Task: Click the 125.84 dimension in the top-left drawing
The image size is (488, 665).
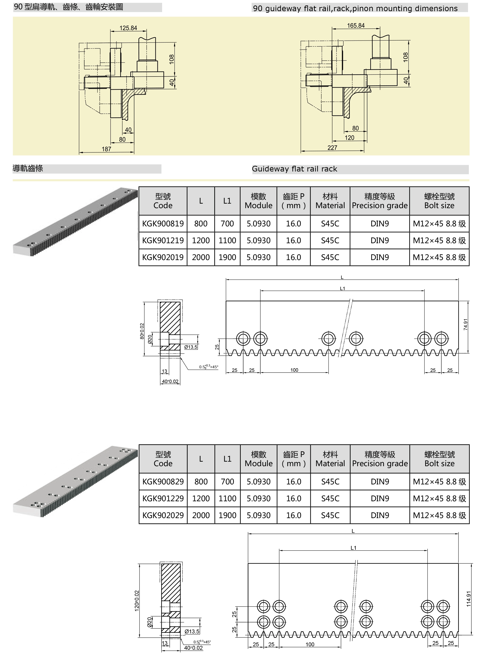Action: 128,28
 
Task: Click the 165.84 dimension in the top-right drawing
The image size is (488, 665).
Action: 356,26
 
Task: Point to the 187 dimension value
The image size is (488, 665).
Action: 106,149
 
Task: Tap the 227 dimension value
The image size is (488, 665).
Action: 332,148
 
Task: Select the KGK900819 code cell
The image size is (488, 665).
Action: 163,224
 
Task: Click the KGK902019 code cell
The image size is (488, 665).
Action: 163,257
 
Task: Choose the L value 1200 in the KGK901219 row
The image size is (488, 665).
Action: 201,240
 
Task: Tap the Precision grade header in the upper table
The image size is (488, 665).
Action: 380,201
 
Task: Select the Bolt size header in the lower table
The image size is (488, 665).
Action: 439,459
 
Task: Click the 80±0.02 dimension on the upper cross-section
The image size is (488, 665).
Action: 142,331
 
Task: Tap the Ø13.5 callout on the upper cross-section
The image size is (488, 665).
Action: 191,347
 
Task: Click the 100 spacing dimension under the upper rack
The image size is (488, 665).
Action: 294,370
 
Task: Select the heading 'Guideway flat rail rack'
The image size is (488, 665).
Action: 294,169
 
